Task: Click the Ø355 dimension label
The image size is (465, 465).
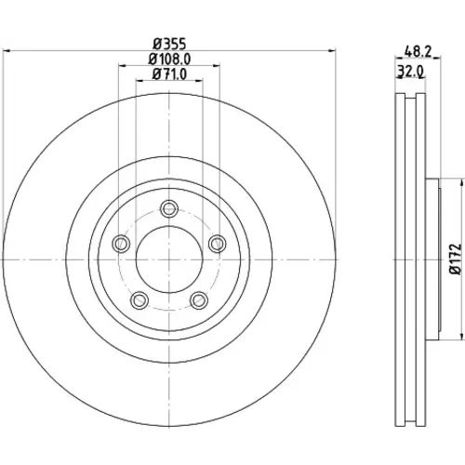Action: pos(170,44)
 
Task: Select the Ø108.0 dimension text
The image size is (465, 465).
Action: pos(169,59)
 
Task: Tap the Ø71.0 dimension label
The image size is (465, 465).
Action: pos(169,73)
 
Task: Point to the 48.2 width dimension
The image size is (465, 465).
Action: pos(418,51)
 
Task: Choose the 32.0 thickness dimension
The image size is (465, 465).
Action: pos(411,72)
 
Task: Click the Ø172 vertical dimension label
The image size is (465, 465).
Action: pos(456,259)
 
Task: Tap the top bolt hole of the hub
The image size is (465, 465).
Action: pos(169,208)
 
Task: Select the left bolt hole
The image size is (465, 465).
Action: pos(121,244)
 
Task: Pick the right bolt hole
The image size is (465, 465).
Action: pos(218,244)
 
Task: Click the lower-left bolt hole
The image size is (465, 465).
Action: pos(139,300)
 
